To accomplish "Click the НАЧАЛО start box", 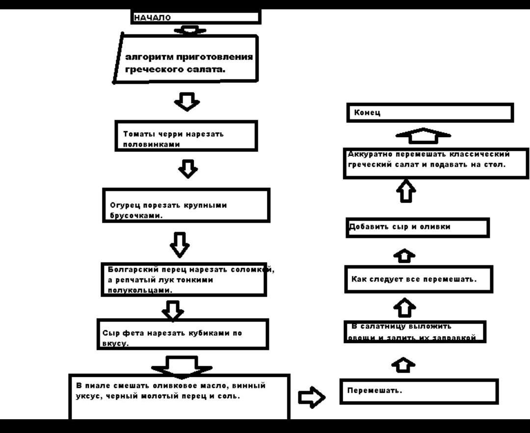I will (x=195, y=18).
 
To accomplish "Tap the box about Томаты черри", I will (x=187, y=136).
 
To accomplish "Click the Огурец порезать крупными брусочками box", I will (x=186, y=205).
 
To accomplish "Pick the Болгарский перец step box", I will (x=184, y=280).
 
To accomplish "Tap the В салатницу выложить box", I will (x=415, y=332).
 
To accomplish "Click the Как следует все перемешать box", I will (x=418, y=279).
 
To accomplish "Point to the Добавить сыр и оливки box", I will (x=417, y=228).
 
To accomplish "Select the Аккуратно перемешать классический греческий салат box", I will (x=436, y=164).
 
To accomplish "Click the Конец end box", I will (x=430, y=113).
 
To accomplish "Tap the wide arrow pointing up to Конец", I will (x=423, y=134).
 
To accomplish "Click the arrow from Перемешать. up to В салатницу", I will (x=404, y=365).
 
